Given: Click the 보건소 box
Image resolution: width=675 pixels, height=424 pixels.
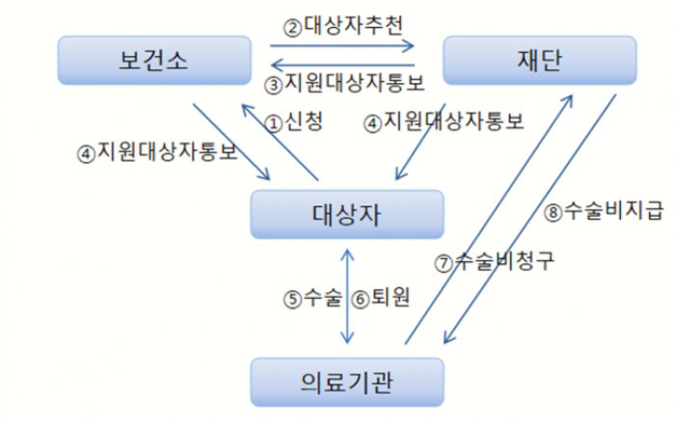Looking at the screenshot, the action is click(154, 60).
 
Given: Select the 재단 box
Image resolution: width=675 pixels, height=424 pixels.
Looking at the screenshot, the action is click(540, 60).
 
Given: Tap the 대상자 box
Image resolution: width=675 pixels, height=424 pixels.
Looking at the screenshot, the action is click(347, 214).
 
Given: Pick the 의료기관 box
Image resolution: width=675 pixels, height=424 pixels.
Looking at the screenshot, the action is click(347, 382).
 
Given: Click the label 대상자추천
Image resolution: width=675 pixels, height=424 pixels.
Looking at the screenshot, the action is click(354, 26).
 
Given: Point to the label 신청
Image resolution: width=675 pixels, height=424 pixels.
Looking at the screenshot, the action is click(304, 121).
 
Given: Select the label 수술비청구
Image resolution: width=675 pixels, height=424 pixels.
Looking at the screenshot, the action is click(504, 260).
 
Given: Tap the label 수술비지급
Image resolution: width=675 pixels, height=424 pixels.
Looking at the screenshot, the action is click(613, 211).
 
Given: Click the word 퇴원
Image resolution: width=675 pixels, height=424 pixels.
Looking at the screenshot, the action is click(390, 297).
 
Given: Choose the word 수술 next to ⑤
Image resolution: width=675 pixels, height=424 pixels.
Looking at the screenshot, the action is click(323, 297).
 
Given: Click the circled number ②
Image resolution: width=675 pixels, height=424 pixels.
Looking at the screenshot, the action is click(293, 28).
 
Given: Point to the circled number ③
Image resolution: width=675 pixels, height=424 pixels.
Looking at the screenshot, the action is click(274, 85).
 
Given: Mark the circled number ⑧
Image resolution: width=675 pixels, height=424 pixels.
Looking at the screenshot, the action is click(553, 213).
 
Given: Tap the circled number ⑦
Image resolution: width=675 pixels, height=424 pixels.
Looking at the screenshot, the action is click(444, 263).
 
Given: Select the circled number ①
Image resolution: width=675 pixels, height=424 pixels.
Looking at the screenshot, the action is click(274, 124).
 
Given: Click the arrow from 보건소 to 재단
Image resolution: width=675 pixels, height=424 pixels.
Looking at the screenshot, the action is click(341, 45).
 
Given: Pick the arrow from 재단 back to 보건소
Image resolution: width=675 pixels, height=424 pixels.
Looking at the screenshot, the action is click(342, 66).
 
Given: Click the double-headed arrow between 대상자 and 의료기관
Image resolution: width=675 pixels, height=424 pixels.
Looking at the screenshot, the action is click(347, 297).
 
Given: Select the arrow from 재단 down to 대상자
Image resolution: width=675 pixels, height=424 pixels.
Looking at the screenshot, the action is click(420, 142).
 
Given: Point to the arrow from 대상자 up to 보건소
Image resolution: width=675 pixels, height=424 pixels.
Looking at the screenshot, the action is click(280, 143).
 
